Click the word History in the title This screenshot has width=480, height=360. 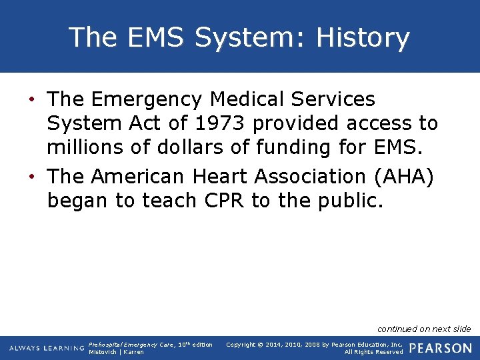[363, 38]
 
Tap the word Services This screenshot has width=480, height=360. [338, 100]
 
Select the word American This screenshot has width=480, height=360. [137, 177]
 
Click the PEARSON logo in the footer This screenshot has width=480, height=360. [440, 348]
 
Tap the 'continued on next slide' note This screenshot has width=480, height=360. [424, 329]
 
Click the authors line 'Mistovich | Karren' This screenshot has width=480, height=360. [116, 352]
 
